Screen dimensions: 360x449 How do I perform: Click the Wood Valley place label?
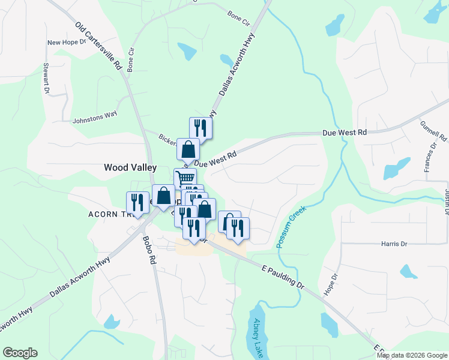(130, 168)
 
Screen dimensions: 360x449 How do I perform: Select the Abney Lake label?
(258, 338)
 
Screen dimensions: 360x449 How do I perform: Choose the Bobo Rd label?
(149, 250)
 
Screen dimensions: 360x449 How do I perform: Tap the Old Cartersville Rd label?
(98, 47)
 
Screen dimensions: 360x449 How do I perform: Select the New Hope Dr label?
(67, 43)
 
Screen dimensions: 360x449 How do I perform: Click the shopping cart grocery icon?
(185, 178)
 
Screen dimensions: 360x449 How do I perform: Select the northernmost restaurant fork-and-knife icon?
(200, 127)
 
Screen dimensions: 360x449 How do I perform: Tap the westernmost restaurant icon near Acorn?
(137, 202)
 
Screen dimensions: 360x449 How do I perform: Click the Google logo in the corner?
(20, 353)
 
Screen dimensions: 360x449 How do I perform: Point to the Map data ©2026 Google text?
(412, 355)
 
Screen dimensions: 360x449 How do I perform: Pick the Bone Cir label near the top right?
(238, 19)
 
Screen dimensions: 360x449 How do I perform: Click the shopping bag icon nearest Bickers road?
(188, 149)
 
